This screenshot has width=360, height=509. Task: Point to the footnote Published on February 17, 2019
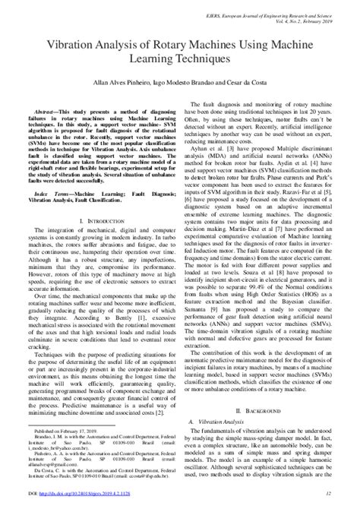click(x=72, y=450)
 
